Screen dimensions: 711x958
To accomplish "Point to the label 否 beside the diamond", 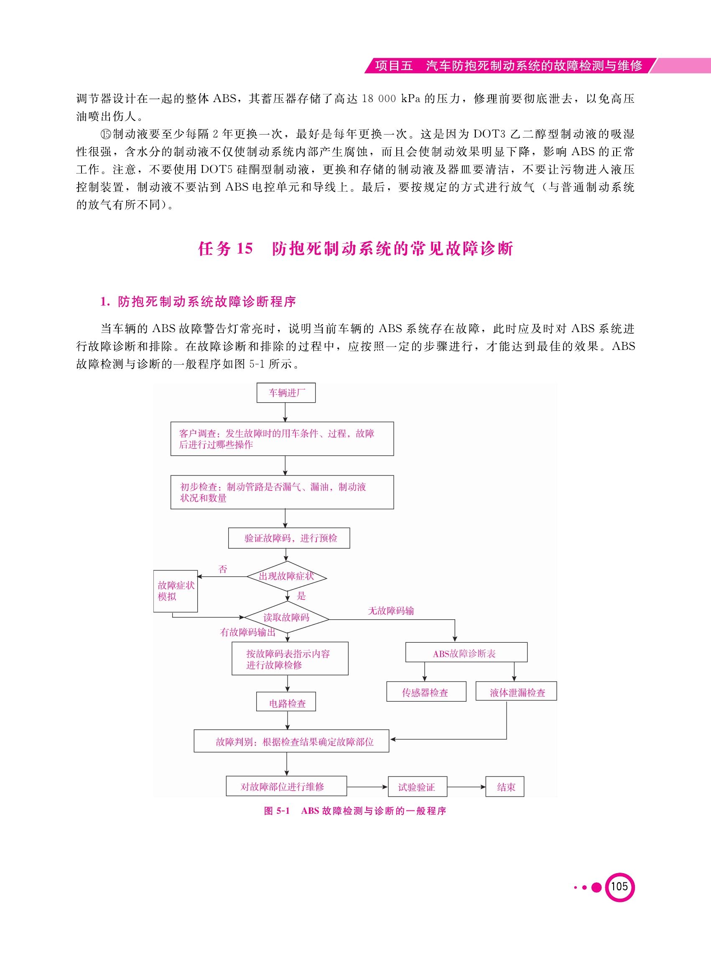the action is pyautogui.click(x=222, y=569).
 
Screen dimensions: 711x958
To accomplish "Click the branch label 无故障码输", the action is pyautogui.click(x=391, y=611).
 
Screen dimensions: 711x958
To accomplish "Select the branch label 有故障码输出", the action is pyautogui.click(x=247, y=632).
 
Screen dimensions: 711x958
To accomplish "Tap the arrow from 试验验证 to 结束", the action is pyautogui.click(x=466, y=787).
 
